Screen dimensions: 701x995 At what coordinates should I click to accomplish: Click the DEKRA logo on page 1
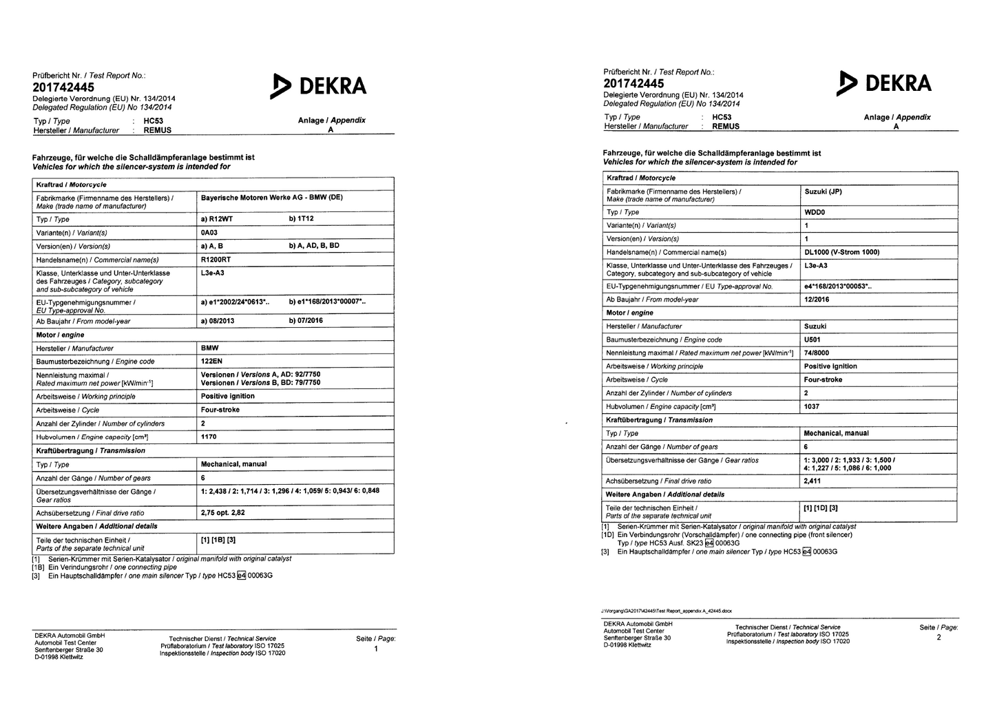(x=319, y=86)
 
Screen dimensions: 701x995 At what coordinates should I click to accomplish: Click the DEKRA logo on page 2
(x=884, y=83)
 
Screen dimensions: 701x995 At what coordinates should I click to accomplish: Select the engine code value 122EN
(x=212, y=362)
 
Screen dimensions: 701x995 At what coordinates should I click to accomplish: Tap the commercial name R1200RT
(x=216, y=260)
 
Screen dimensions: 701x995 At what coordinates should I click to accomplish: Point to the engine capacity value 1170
(x=209, y=437)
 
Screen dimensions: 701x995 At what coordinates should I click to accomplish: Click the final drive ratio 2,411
(x=813, y=481)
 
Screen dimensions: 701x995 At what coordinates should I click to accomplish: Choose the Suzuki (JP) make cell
(x=823, y=191)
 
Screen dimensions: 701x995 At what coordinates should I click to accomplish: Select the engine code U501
(x=813, y=339)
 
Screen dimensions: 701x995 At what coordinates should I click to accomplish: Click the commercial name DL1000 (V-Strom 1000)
(x=841, y=252)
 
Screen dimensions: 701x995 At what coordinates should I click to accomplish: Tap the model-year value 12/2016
(x=817, y=300)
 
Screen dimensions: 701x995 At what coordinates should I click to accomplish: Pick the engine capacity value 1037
(x=812, y=406)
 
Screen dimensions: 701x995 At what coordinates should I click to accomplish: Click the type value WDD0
(x=814, y=212)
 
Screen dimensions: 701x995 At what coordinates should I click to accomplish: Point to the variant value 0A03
(x=209, y=233)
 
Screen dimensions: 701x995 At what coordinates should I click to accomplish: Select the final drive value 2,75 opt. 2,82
(x=223, y=513)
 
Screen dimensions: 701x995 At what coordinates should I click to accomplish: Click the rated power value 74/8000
(x=817, y=353)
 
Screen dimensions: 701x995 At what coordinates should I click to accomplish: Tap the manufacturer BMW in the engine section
(x=209, y=348)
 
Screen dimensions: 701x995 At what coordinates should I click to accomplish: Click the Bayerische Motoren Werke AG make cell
(x=271, y=198)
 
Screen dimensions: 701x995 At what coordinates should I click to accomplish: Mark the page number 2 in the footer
(x=939, y=638)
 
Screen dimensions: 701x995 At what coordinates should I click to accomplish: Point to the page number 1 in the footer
(x=375, y=649)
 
